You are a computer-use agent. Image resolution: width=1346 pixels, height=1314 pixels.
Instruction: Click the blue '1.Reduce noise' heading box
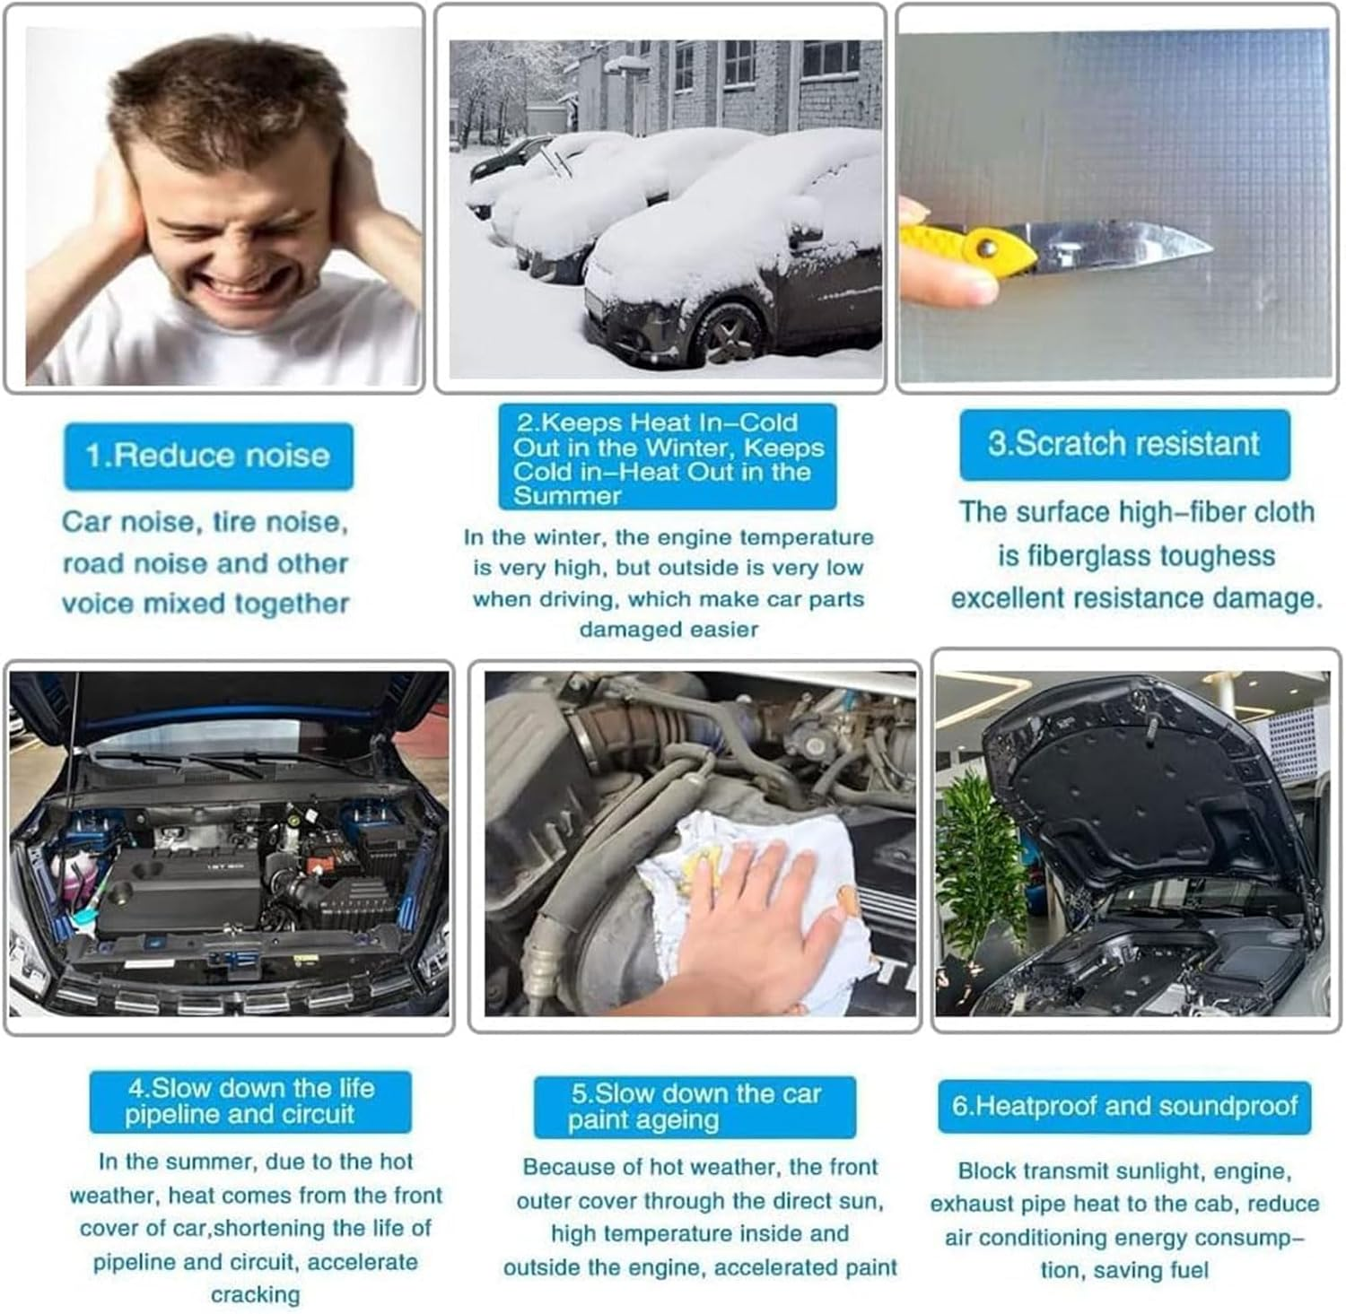208,456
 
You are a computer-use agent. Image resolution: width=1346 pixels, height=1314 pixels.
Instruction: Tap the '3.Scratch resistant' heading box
1124,444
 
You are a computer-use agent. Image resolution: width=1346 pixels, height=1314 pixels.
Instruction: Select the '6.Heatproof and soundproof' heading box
1124,1106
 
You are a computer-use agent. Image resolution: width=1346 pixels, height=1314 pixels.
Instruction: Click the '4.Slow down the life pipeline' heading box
250,1101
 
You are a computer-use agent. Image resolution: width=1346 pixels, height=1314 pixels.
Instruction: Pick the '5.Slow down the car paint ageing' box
695,1107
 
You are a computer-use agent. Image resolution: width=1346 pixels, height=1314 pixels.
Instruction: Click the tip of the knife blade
1212,243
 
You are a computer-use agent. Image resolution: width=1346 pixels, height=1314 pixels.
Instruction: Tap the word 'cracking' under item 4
256,1294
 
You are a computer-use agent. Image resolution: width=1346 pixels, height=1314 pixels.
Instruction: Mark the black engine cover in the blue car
178,891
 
